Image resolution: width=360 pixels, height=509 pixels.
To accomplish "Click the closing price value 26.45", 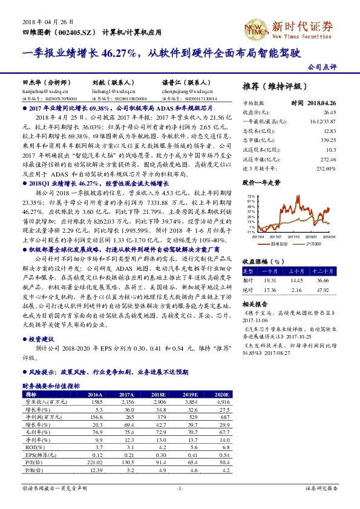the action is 329,112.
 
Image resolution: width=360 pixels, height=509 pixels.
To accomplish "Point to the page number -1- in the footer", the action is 180,487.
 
